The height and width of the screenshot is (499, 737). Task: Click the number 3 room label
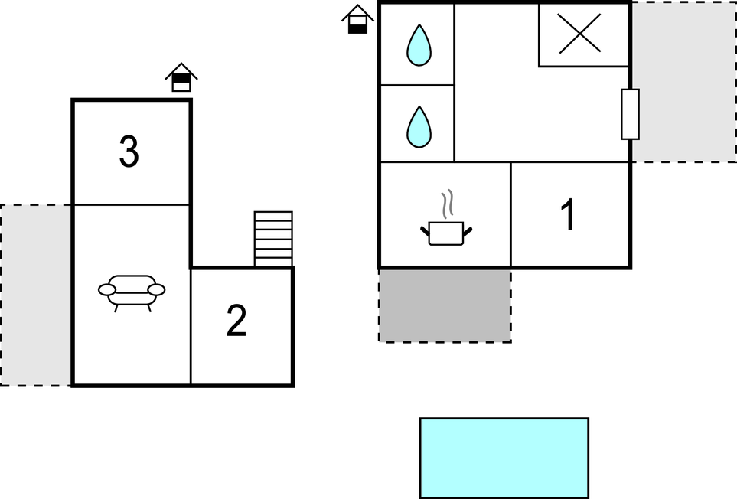tap(129, 152)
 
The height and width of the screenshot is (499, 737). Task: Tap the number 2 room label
tap(236, 320)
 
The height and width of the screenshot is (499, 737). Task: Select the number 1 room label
tap(569, 214)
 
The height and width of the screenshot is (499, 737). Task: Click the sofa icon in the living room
tap(132, 293)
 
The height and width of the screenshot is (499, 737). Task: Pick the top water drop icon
tap(419, 45)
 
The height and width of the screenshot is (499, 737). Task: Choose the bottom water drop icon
tap(419, 127)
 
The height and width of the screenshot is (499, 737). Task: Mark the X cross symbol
tap(579, 33)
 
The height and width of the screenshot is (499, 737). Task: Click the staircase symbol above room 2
tap(273, 239)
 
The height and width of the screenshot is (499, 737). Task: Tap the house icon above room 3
tap(181, 77)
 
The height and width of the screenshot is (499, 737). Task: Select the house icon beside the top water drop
tap(357, 19)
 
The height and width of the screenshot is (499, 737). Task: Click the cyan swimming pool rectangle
tap(504, 458)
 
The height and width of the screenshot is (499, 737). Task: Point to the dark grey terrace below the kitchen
tap(445, 305)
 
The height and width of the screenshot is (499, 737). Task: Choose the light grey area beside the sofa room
tap(36, 295)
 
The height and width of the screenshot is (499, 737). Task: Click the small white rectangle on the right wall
tap(631, 114)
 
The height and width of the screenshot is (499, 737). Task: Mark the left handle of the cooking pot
tap(425, 230)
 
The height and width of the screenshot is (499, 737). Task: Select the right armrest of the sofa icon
tap(156, 289)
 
